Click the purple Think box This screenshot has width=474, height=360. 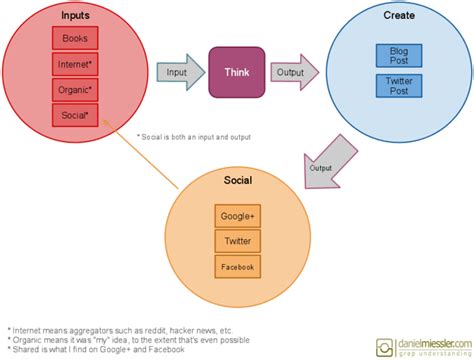pos(236,72)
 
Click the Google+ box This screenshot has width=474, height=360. pos(237,217)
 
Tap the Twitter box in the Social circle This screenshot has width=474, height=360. pos(237,242)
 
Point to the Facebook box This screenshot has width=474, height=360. pos(237,267)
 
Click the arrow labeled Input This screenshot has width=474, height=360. pos(176,72)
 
